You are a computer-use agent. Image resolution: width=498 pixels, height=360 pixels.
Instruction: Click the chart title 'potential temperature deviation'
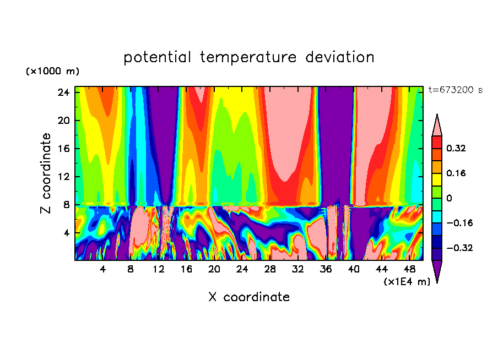click(248, 57)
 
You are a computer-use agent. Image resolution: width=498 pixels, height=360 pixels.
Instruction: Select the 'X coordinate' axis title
click(249, 297)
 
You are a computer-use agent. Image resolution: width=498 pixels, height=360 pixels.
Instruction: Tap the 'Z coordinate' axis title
click(46, 173)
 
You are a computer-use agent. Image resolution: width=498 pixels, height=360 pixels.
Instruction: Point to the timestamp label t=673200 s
click(456, 90)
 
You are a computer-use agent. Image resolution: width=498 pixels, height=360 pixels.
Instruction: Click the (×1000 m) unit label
click(52, 72)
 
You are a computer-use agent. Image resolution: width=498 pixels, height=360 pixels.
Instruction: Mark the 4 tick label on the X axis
click(102, 269)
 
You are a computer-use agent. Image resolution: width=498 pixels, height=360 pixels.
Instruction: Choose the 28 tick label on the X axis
click(270, 269)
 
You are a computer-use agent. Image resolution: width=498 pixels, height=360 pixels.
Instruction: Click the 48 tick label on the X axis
click(409, 269)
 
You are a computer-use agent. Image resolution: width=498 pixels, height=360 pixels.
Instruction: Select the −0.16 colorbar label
click(459, 223)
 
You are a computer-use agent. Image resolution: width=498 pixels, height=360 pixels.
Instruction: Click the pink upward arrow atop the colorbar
click(437, 126)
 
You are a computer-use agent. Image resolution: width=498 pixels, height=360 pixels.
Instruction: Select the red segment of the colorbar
click(437, 142)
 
